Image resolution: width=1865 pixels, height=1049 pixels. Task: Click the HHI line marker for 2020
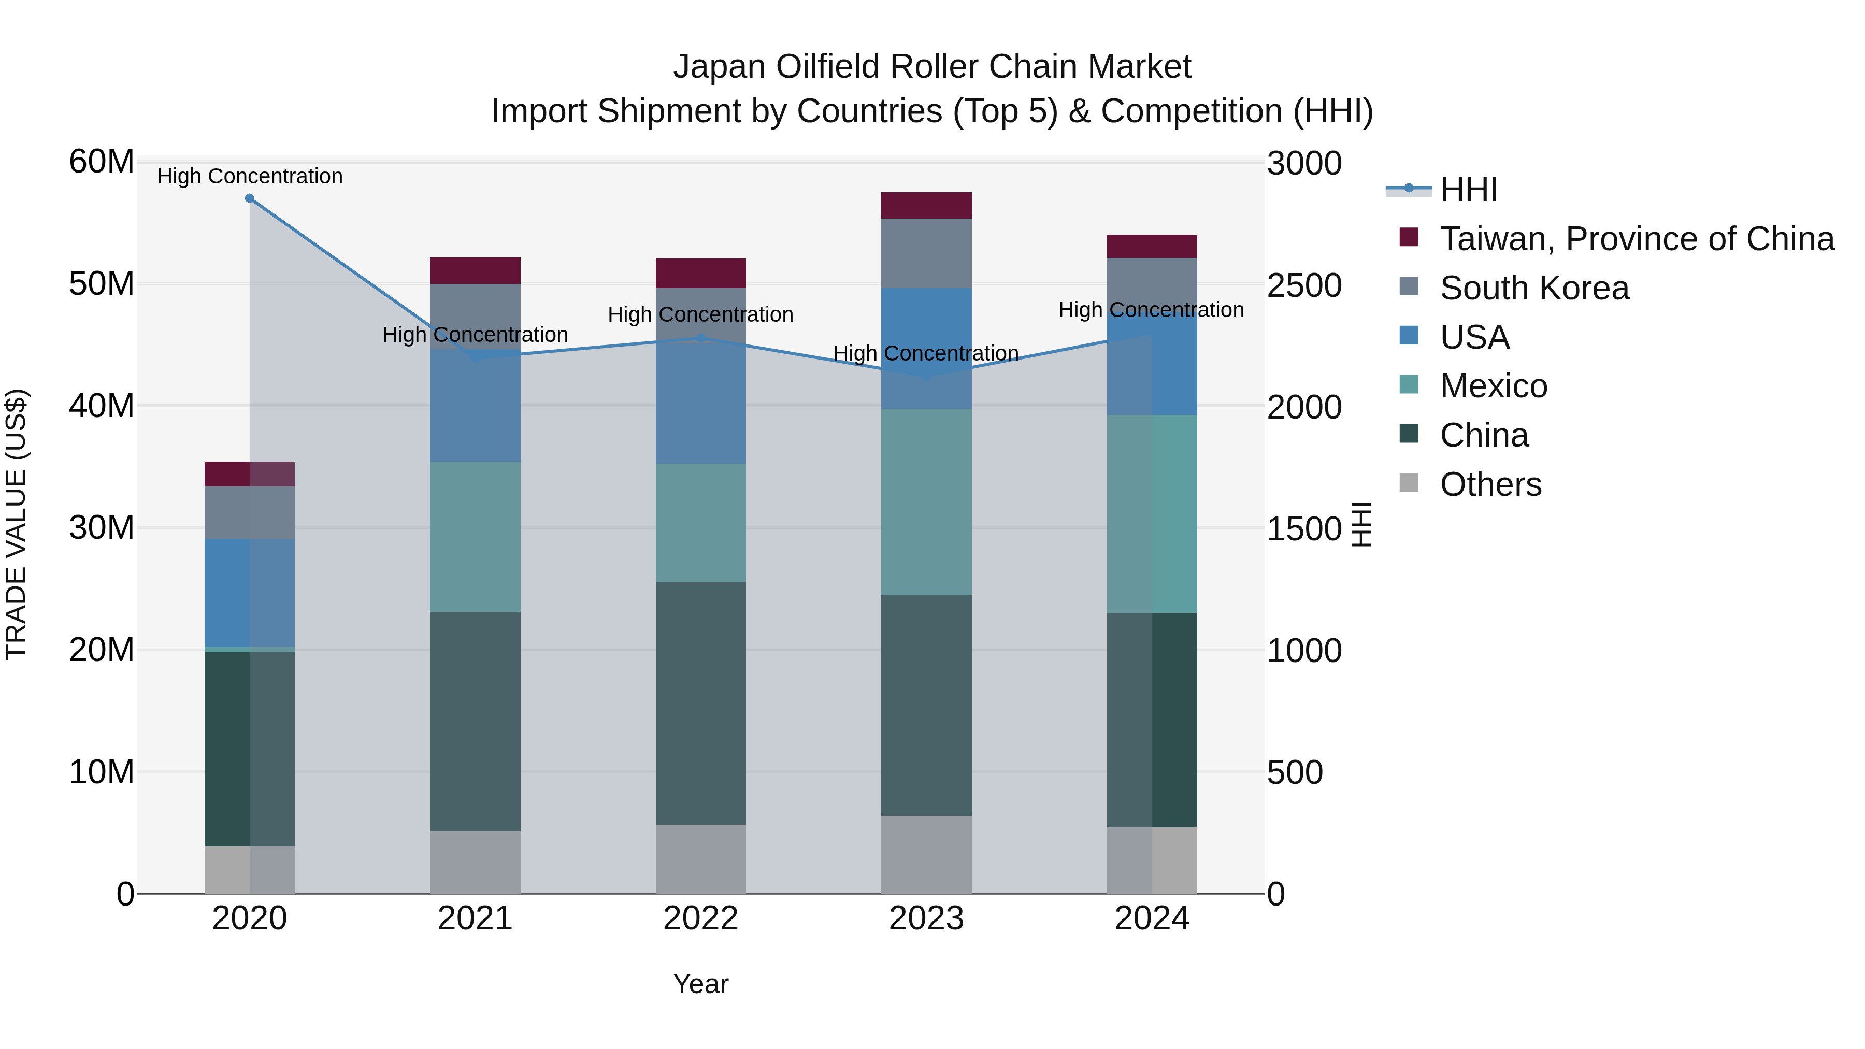coord(250,198)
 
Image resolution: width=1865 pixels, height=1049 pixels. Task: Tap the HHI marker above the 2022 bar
coord(700,338)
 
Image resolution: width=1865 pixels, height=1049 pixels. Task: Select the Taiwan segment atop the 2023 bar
coord(926,206)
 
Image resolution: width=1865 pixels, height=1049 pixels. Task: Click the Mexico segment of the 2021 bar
coord(475,537)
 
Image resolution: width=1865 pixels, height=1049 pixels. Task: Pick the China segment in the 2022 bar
coord(700,703)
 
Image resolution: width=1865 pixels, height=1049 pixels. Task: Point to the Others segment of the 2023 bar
coord(926,854)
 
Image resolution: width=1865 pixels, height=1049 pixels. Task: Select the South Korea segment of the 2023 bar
coord(926,253)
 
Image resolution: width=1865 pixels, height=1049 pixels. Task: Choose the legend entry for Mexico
coord(1493,386)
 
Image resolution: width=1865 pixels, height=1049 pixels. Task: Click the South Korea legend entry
coord(1534,288)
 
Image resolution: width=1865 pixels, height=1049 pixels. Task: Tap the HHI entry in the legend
coord(1468,190)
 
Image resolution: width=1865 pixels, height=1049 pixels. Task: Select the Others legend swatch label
coord(1490,484)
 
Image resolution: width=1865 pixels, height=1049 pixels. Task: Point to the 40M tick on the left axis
coord(102,406)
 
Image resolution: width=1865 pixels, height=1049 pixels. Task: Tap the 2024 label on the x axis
coord(1151,918)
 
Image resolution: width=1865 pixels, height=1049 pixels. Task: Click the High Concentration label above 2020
coord(250,176)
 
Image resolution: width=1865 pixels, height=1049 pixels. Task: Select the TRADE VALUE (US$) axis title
coord(16,524)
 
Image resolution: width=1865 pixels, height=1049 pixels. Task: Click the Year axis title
coord(700,984)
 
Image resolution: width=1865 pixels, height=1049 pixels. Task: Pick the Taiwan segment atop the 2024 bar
coord(1151,246)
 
